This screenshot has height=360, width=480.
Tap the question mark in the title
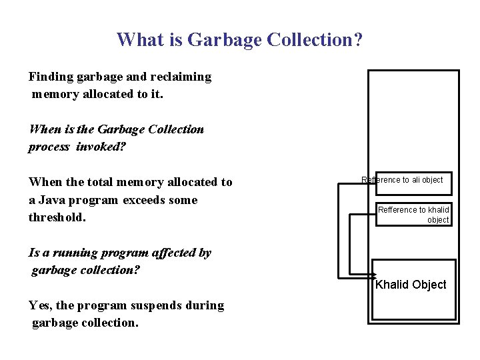click(x=358, y=40)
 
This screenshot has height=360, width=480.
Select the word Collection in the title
click(x=309, y=40)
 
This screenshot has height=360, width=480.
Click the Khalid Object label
click(x=411, y=285)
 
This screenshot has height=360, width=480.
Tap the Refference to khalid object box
click(x=413, y=215)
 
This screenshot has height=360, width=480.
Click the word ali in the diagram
click(x=417, y=180)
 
